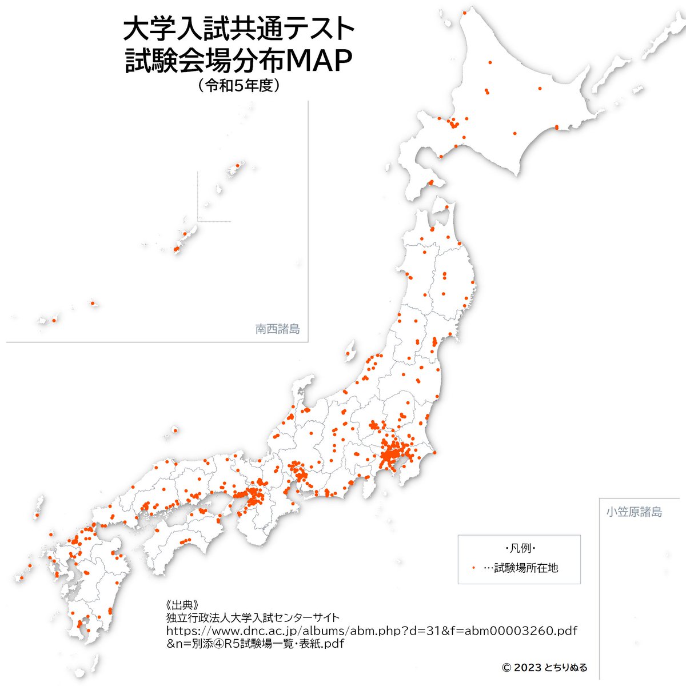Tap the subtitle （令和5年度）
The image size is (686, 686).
238,86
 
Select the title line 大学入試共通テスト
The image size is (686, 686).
239,29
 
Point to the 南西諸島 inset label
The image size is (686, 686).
277,329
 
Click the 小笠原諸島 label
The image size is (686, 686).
634,512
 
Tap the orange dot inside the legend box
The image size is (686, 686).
474,568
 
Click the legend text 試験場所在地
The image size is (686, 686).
525,568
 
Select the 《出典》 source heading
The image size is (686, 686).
181,605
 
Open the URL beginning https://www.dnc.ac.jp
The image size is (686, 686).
372,631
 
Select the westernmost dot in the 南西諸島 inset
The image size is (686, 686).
53,321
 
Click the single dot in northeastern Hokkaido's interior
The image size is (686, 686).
540,89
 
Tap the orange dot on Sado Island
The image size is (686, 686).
348,352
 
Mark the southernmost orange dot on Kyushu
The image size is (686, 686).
88,631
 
